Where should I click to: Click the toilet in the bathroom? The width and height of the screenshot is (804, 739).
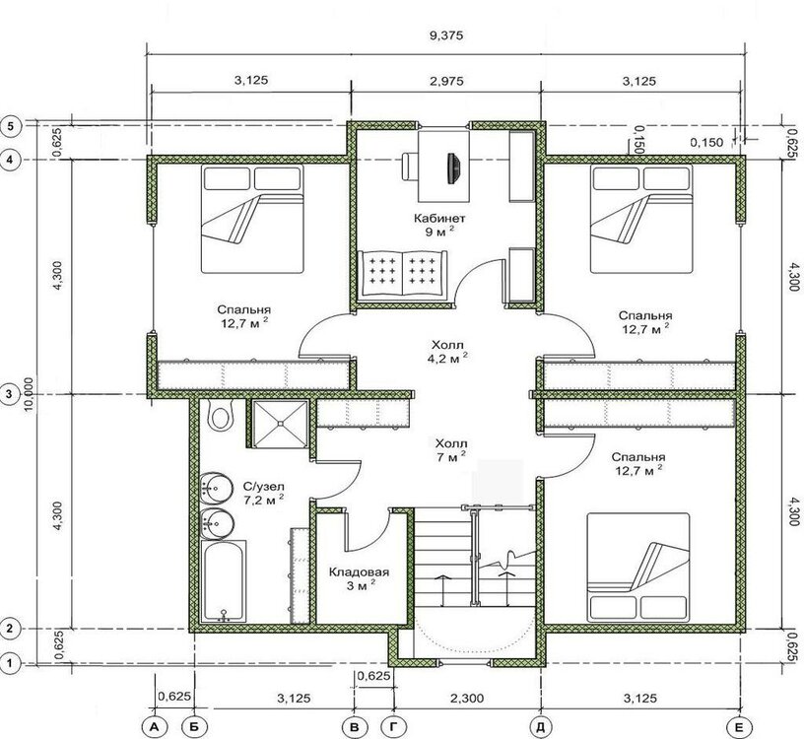[221, 414]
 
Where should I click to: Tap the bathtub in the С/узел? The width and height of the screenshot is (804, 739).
[223, 581]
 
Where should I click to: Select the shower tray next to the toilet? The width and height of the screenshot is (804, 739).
[280, 424]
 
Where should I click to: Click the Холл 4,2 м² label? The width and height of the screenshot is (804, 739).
[447, 351]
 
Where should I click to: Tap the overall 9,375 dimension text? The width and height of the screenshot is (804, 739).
[445, 35]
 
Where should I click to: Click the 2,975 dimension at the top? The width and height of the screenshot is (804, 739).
[445, 81]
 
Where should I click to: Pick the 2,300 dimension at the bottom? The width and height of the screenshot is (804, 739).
[467, 698]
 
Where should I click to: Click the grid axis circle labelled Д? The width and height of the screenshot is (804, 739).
[542, 727]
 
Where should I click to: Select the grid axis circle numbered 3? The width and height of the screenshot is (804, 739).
[10, 394]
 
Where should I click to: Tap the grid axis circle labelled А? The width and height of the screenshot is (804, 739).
[154, 727]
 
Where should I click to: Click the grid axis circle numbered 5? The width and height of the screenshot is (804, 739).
[11, 126]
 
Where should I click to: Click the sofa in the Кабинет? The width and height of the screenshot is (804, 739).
[402, 273]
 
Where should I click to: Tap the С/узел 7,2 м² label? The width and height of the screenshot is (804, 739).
[263, 494]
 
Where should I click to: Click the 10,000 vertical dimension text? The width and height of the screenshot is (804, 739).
[29, 394]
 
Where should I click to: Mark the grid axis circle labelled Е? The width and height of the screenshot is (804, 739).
[739, 727]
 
